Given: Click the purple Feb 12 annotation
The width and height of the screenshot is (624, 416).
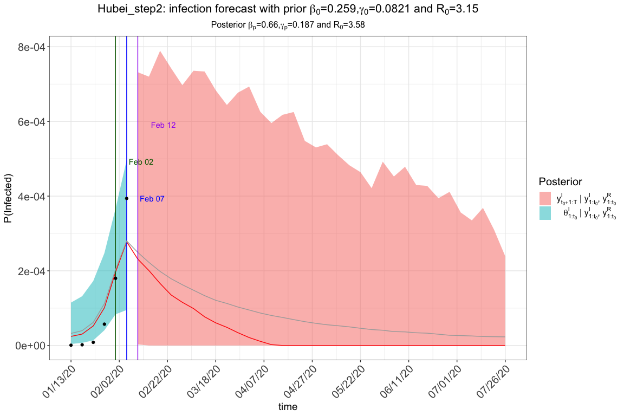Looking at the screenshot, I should [163, 125].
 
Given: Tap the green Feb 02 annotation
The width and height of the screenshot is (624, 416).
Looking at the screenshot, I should [141, 162].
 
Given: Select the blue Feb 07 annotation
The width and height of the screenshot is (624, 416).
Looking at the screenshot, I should [152, 199].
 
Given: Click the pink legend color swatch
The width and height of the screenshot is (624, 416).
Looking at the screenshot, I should [545, 197].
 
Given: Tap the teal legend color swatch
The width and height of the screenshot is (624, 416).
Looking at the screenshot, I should [545, 213].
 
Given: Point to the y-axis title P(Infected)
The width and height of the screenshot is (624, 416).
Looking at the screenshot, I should [8, 197].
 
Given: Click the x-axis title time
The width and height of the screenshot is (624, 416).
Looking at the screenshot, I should [288, 406].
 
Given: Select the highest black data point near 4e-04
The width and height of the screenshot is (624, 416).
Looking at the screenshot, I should [127, 198].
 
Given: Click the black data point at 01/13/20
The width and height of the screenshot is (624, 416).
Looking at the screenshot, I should [71, 345].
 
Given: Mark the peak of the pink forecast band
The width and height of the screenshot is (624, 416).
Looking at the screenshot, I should [160, 51].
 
